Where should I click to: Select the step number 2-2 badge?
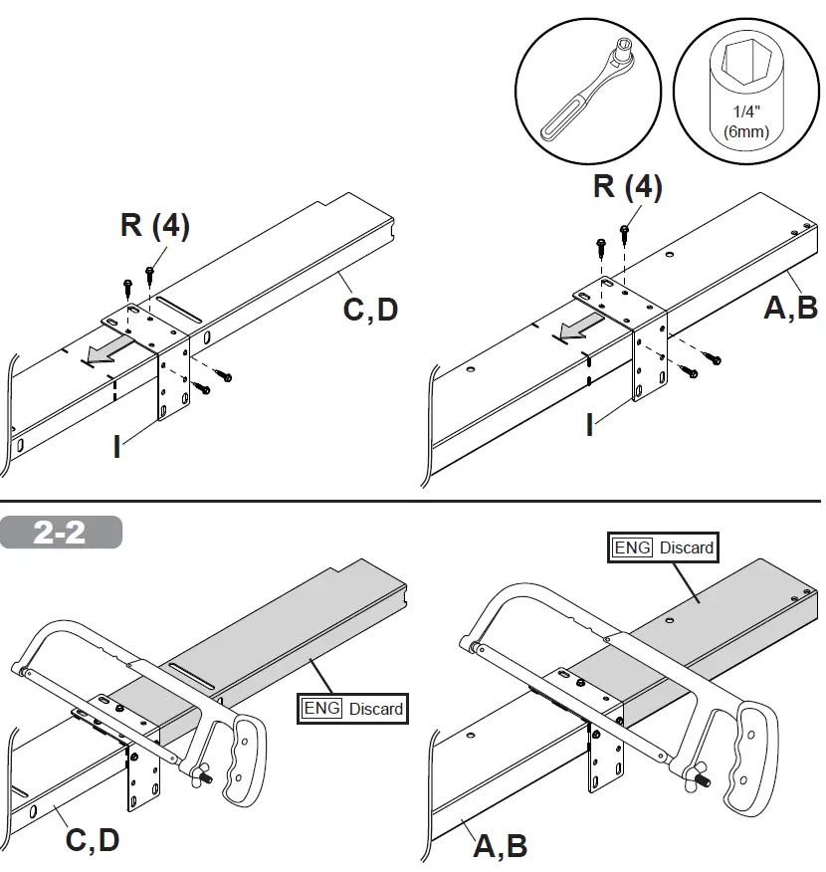pyautogui.click(x=61, y=533)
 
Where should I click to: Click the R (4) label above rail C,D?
pyautogui.click(x=155, y=225)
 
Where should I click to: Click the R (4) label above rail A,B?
pyautogui.click(x=627, y=186)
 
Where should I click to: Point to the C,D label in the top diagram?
pyautogui.click(x=370, y=310)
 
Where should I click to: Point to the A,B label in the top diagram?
pyautogui.click(x=791, y=307)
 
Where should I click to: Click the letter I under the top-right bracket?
pyautogui.click(x=590, y=426)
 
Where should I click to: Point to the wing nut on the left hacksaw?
pyautogui.click(x=206, y=776)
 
